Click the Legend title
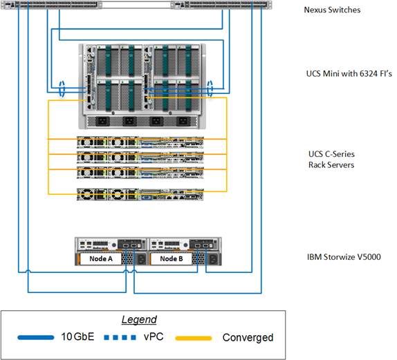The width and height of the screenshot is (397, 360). [x=139, y=320]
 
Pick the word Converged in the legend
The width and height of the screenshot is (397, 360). [x=248, y=338]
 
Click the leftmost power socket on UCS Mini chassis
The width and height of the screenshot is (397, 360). [x=102, y=120]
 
